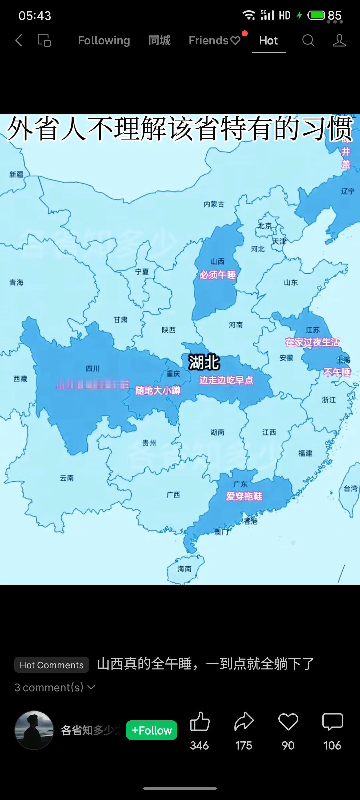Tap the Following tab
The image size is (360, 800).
pos(104,41)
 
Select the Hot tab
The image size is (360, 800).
pos(268,41)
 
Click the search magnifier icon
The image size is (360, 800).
pos(308,41)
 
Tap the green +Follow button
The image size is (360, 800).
pos(152,730)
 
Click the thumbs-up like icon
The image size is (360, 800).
pos(200,722)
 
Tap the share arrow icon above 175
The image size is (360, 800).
pos(244,722)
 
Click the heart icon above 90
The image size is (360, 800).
pos(288,722)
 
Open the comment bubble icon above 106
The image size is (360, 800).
pos(332,722)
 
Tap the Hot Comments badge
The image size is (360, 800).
pos(52,665)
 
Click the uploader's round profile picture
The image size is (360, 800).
pos(34,730)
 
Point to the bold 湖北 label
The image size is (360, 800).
pos(204,362)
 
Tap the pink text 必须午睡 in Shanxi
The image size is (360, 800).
pos(218,275)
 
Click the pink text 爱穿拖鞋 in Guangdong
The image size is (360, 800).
pos(244,496)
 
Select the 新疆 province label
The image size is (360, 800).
pos(16,174)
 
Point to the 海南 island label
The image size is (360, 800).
pos(184,569)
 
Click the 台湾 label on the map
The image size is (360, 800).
pos(350,489)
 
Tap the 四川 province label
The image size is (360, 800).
pos(93,368)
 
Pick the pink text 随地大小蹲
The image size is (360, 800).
pos(158,390)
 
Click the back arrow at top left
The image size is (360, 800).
pos(19,41)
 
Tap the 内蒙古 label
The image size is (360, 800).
pos(214,204)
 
